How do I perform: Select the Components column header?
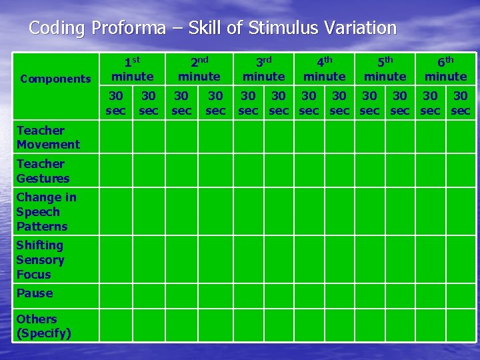click(55, 79)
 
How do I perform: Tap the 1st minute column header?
click(132, 69)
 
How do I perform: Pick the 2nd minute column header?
click(199, 69)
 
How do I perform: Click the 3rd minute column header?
click(263, 69)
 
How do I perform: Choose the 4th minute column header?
click(324, 69)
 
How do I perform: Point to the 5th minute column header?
click(385, 69)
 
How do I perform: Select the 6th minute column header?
click(445, 69)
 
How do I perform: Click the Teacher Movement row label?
click(48, 137)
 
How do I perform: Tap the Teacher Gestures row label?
click(43, 171)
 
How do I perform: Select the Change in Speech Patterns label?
click(46, 211)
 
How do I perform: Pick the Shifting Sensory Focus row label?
click(40, 259)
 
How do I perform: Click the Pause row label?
click(35, 293)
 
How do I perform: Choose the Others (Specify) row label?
click(43, 325)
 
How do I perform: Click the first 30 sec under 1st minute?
click(116, 103)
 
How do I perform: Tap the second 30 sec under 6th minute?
click(461, 103)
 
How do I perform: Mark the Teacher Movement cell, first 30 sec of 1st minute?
click(116, 137)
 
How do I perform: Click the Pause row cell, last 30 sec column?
click(461, 294)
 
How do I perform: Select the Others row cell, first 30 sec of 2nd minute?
click(182, 325)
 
